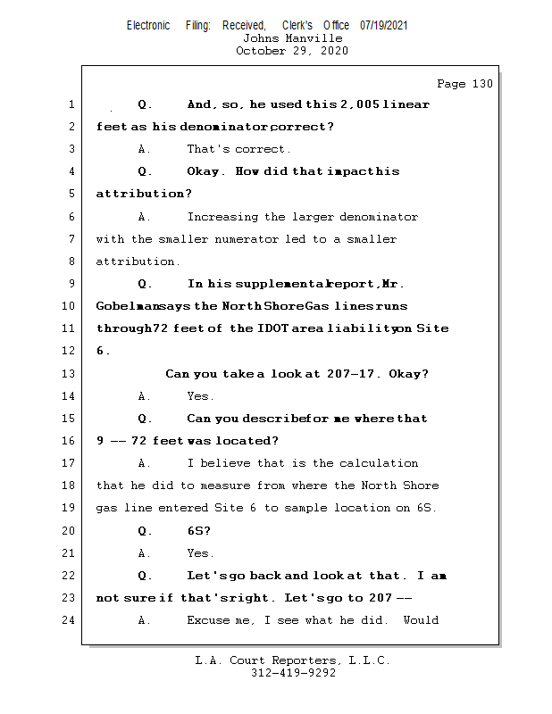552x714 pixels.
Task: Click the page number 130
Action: [481, 84]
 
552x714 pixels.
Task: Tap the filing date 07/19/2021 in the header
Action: [384, 25]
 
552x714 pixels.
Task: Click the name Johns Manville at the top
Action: [292, 38]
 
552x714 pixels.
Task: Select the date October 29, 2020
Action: [292, 51]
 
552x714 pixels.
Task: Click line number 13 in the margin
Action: [71, 373]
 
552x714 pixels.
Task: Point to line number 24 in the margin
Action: [71, 619]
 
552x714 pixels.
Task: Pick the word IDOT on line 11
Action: [276, 328]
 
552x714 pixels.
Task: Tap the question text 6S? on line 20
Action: [199, 530]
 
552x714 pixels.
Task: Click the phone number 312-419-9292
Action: [292, 674]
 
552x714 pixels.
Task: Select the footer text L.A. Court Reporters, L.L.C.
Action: [292, 661]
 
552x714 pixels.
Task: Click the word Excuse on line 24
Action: [209, 619]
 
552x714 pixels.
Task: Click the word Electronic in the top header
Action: [148, 25]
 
